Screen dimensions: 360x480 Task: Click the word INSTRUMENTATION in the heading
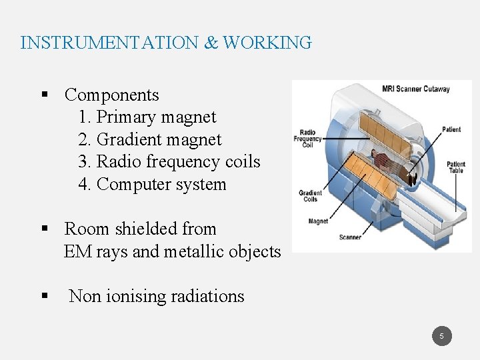[x=109, y=43]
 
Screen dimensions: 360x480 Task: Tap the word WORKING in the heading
[x=267, y=43]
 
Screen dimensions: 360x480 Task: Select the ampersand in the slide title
[x=211, y=43]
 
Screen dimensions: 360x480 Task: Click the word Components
[x=111, y=95]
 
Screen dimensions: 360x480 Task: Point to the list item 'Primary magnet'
[x=147, y=117]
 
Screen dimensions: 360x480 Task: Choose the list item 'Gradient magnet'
[x=149, y=140]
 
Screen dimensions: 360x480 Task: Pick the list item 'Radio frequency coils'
[x=169, y=162]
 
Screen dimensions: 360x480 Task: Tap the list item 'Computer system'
[x=152, y=185]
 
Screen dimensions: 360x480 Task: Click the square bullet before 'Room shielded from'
[x=45, y=229]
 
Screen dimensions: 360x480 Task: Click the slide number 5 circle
[x=441, y=336]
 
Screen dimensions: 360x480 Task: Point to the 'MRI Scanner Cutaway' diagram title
[x=415, y=89]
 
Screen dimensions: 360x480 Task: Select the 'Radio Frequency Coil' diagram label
[x=307, y=138]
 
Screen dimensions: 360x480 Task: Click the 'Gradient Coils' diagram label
[x=310, y=195]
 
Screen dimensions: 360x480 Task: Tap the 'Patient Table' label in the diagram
[x=456, y=167]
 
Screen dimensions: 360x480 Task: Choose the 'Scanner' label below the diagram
[x=350, y=237]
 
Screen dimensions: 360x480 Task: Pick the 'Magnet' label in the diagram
[x=318, y=221]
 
